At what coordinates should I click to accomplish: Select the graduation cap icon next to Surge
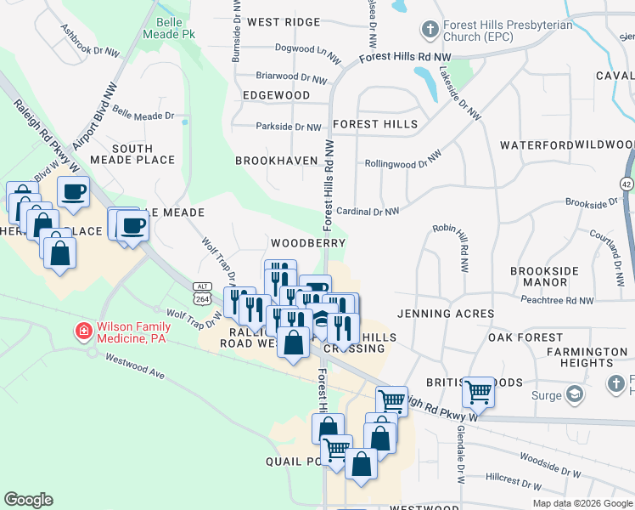(x=576, y=395)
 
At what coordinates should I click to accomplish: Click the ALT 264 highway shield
(x=202, y=293)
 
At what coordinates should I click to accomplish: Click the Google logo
(x=28, y=500)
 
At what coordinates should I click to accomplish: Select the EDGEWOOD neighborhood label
(x=276, y=96)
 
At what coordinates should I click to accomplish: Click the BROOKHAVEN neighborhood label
(x=276, y=160)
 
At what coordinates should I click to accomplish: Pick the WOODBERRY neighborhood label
(x=308, y=243)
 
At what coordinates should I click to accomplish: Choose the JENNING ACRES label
(x=446, y=314)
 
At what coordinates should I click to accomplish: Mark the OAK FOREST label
(x=526, y=337)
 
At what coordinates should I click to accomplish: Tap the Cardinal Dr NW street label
(x=367, y=211)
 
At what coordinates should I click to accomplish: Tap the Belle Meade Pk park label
(x=177, y=27)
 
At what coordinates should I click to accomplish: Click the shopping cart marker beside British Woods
(x=479, y=392)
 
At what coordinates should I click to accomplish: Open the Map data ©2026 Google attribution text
(x=582, y=502)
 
